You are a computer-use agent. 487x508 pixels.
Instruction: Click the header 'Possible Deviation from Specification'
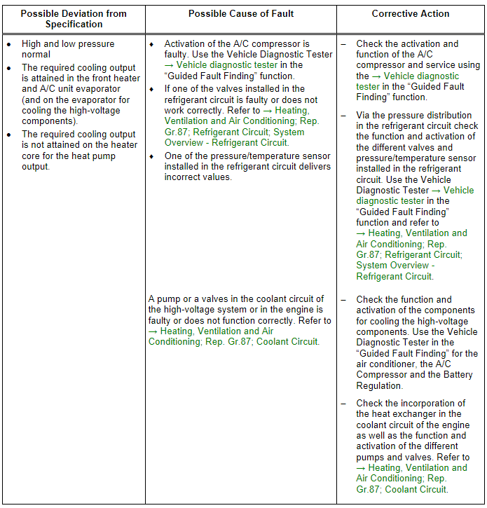point(74,18)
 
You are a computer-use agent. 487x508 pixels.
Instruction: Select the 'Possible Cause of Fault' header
point(241,13)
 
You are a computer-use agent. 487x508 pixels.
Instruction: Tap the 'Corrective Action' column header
point(411,13)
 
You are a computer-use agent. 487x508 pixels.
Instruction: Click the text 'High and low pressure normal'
point(68,49)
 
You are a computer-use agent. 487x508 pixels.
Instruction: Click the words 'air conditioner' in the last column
point(388,364)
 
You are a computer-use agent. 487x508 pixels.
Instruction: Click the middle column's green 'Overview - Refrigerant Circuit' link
point(226,142)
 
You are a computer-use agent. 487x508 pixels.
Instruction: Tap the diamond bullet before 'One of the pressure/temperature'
point(151,156)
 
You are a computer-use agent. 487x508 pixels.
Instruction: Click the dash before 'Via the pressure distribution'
point(343,116)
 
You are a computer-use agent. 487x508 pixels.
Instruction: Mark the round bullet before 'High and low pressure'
point(8,44)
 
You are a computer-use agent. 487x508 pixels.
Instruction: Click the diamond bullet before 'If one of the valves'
point(151,89)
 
